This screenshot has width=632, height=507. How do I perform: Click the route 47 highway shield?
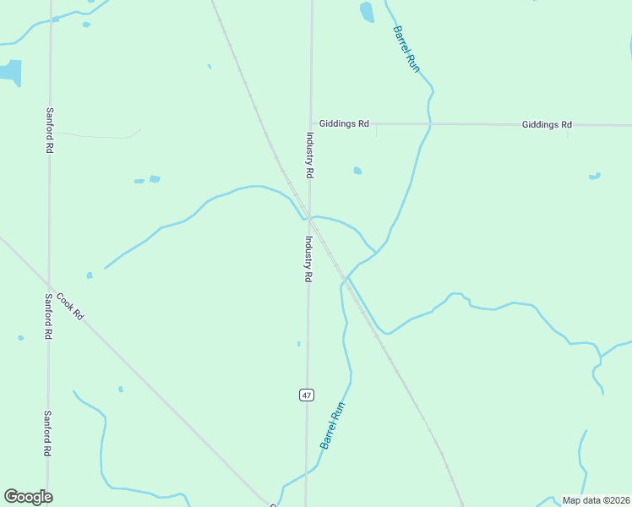[x=306, y=395]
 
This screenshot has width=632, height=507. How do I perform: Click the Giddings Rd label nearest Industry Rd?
[x=344, y=123]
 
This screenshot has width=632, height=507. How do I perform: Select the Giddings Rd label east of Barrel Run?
[x=547, y=124]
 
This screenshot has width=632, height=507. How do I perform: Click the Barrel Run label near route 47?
[x=333, y=425]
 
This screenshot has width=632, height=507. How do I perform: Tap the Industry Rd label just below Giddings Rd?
[x=310, y=155]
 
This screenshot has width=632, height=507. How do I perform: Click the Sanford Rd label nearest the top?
[x=50, y=130]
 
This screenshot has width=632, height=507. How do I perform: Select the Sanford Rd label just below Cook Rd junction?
[x=49, y=316]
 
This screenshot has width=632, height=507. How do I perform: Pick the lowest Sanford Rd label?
[x=48, y=433]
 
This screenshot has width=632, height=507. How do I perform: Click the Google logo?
[x=28, y=496]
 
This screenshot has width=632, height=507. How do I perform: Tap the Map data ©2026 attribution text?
[x=596, y=500]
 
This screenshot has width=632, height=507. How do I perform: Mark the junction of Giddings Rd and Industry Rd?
[x=311, y=123]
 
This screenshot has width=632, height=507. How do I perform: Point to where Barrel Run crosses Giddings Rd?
[x=430, y=124]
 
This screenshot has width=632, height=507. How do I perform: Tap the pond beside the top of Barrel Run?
[x=367, y=12]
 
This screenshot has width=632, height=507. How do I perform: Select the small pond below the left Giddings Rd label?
[x=357, y=171]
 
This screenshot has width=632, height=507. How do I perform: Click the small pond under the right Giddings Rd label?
[x=595, y=176]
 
